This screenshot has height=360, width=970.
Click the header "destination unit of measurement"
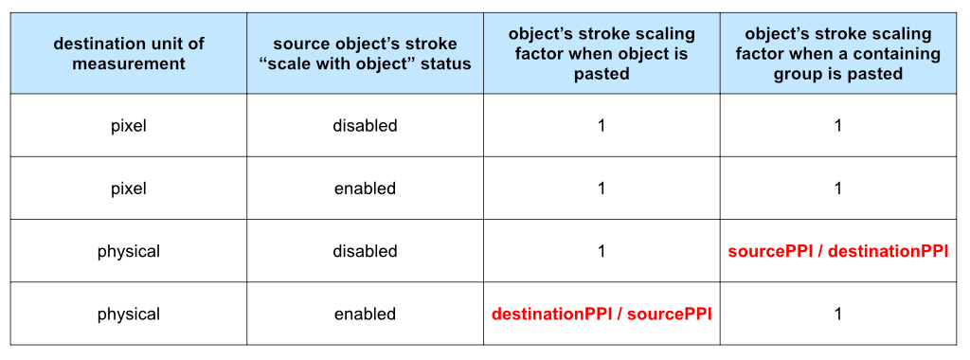(x=129, y=54)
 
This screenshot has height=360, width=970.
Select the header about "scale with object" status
(x=365, y=54)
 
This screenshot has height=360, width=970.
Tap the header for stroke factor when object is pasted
(x=602, y=54)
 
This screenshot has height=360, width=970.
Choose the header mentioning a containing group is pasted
(x=837, y=54)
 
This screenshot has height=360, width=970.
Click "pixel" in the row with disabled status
(x=129, y=126)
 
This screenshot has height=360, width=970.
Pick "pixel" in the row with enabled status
(x=129, y=188)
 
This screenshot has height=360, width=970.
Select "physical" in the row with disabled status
(x=129, y=251)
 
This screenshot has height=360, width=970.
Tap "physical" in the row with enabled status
(x=129, y=314)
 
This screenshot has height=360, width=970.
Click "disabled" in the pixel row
(x=365, y=126)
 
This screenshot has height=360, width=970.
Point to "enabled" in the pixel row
(x=365, y=188)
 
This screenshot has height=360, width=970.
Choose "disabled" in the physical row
(x=365, y=251)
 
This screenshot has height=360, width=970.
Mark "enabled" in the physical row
(x=365, y=314)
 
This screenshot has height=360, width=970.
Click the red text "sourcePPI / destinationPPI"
(x=837, y=252)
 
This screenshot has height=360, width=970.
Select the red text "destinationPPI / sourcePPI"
(x=602, y=315)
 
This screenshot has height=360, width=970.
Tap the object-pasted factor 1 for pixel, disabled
(x=602, y=126)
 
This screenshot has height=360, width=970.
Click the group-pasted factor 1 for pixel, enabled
(x=837, y=188)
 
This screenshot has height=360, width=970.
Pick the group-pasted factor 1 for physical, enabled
(x=837, y=314)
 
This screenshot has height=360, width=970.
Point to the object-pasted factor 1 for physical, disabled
(x=602, y=251)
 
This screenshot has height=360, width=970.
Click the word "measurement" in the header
(x=129, y=63)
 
